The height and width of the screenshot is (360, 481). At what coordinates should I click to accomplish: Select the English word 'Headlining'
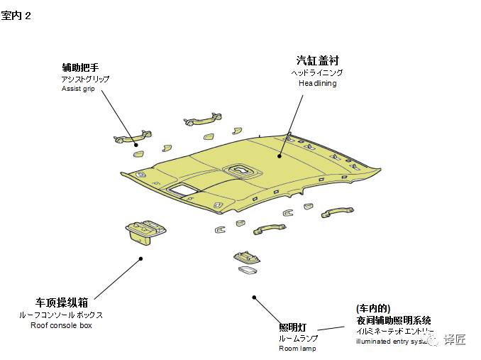(317, 83)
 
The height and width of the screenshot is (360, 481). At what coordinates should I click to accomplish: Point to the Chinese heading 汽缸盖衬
(317, 60)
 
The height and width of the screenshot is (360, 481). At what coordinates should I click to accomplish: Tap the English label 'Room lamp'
(297, 349)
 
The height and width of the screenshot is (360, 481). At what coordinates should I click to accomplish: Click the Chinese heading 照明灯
(292, 327)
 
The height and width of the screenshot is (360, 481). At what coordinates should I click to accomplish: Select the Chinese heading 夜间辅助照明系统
(394, 320)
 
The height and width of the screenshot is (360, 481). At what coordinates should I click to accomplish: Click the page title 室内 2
(16, 16)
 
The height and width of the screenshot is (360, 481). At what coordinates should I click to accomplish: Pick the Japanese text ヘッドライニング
(317, 72)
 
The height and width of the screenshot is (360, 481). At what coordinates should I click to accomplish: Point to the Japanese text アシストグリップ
(86, 79)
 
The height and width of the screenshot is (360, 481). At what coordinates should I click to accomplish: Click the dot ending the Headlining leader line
(280, 154)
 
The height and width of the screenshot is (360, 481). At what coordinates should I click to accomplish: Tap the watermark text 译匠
(455, 339)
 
